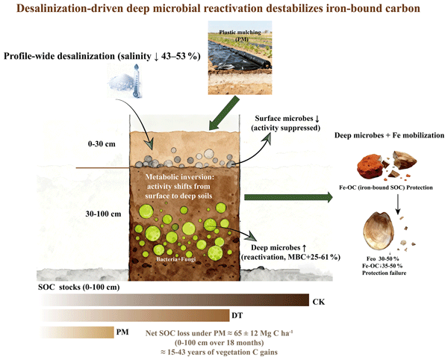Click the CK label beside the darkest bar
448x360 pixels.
(x=319, y=302)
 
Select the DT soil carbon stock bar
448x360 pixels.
(x=136, y=315)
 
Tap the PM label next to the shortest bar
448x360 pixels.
(x=122, y=332)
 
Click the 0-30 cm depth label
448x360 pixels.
(x=102, y=143)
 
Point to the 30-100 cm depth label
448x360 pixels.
(x=103, y=214)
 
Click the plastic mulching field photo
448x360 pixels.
(x=240, y=58)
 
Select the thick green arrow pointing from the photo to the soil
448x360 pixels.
(x=224, y=113)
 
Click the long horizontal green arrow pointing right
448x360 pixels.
(x=288, y=197)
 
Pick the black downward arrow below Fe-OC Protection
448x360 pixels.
(x=397, y=205)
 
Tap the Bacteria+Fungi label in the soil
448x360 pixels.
(x=175, y=259)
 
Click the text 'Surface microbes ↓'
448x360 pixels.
(x=287, y=118)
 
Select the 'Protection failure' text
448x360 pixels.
(x=384, y=273)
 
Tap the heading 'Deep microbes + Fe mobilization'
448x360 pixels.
(x=389, y=135)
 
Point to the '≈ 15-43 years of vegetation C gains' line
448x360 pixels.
(x=219, y=353)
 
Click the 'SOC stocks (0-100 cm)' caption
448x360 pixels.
(x=79, y=287)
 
